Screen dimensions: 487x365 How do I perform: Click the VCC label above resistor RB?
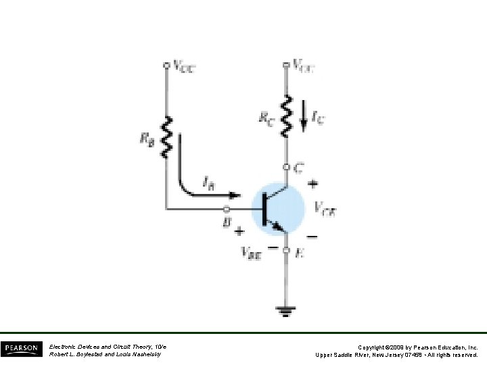pos(184,66)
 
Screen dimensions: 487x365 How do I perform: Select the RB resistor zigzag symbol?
pos(166,137)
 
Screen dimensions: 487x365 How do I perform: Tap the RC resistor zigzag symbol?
pos(285,114)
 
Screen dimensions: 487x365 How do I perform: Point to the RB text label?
pos(147,138)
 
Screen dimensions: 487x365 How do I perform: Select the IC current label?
pos(317,120)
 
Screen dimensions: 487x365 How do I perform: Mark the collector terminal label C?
pos(298,166)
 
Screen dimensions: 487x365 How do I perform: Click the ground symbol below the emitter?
pos(285,311)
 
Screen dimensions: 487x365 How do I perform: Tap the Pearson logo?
pos(21,349)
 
